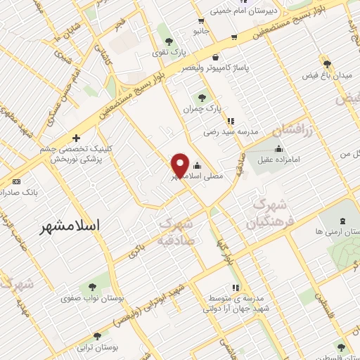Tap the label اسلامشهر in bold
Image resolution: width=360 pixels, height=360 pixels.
[x=70, y=226]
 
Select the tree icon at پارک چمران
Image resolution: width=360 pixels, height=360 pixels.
[x=203, y=98]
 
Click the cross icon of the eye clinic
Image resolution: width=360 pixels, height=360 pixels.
[x=75, y=139]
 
